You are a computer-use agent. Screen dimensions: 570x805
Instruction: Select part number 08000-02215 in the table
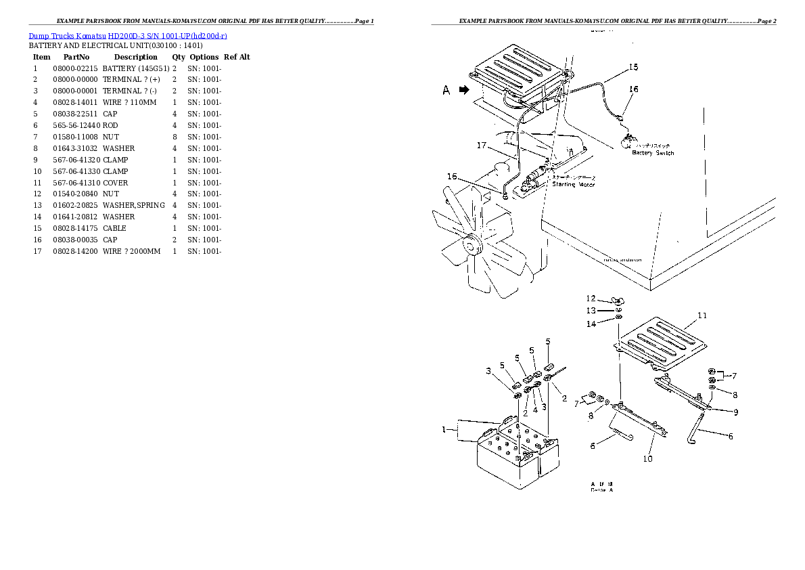(x=75, y=68)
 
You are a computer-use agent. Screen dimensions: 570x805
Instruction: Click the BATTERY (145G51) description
(x=135, y=68)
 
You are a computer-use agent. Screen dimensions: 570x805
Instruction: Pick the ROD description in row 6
(x=110, y=125)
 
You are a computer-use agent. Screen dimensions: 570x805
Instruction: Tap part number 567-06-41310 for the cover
(x=75, y=183)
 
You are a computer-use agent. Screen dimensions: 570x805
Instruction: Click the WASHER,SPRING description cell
(x=133, y=205)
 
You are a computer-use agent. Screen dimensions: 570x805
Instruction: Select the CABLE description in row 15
(x=114, y=228)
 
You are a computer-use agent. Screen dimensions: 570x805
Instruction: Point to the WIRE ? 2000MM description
(x=131, y=251)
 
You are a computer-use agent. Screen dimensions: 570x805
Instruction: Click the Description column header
(x=135, y=57)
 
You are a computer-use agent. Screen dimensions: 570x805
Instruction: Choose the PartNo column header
(x=76, y=57)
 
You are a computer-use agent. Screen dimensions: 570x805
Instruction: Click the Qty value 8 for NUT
(x=175, y=137)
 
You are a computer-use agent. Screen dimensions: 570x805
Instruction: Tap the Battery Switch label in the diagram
(x=653, y=153)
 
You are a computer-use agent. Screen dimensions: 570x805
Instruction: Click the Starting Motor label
(x=573, y=184)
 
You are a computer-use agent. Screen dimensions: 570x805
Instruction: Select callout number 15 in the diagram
(x=633, y=67)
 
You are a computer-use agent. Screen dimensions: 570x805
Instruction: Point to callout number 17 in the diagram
(x=482, y=145)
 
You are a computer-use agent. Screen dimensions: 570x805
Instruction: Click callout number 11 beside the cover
(x=701, y=315)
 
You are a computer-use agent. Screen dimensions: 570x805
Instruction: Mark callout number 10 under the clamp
(x=647, y=459)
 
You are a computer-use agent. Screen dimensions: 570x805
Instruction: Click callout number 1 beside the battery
(x=444, y=429)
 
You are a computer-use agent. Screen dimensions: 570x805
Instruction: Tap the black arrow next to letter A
(x=463, y=90)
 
